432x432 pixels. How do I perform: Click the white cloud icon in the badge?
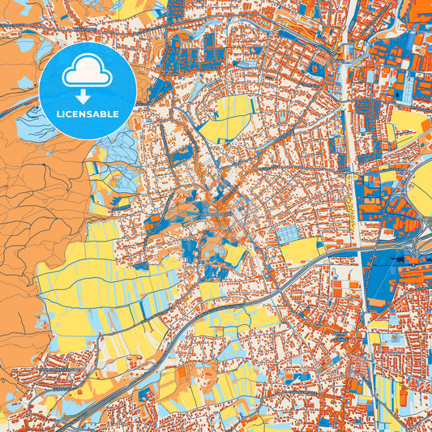(88, 72)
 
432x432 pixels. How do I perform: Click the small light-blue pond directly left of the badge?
(27, 82)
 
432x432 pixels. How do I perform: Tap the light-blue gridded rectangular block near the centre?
(287, 233)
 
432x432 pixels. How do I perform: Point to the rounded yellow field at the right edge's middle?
(421, 182)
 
